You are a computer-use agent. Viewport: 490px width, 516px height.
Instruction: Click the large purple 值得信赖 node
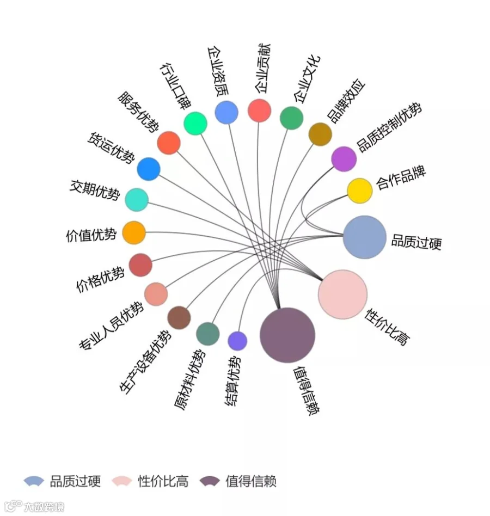287,335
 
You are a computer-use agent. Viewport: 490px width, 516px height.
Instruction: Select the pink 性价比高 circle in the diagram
342,294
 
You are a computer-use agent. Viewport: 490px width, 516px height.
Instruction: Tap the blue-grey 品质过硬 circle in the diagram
364,237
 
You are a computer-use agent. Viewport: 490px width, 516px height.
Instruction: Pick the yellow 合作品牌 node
360,191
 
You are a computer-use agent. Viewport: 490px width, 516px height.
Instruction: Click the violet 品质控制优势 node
344,159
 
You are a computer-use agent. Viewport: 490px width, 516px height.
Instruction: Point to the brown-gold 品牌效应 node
320,134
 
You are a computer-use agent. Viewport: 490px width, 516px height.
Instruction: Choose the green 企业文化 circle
292,118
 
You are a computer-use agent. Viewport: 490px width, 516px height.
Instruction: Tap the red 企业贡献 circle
259,110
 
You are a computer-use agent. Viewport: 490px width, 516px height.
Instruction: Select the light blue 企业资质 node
226,112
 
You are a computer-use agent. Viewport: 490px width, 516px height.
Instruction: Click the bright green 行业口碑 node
195,124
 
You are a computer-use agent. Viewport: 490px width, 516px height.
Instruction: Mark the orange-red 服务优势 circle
169,143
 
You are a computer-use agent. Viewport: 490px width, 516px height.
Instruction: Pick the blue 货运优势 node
149,169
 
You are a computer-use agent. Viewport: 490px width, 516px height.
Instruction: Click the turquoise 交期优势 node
137,200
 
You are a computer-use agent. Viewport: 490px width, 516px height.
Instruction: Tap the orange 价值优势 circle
134,232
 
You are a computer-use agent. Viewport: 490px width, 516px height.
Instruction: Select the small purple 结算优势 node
237,341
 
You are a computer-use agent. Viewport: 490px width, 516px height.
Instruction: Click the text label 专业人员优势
111,326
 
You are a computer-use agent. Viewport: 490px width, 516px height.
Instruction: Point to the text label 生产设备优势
146,362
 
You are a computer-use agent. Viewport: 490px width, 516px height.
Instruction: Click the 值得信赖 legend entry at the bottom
238,482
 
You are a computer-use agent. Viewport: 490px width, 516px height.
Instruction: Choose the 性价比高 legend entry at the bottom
150,482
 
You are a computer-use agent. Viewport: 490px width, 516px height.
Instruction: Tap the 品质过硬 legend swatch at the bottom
34,481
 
